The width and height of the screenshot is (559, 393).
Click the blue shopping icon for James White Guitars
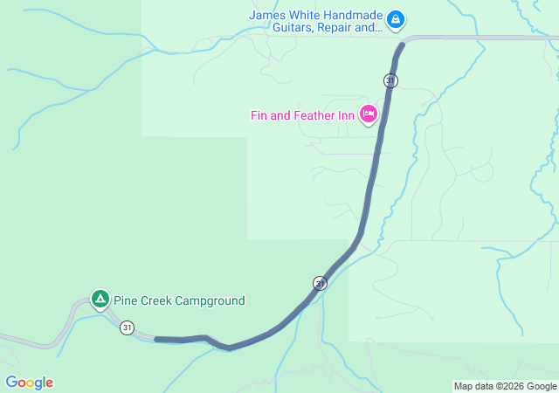click(395, 18)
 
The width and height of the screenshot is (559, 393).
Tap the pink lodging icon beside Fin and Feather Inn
click(368, 114)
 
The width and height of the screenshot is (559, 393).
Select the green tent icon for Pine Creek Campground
click(100, 300)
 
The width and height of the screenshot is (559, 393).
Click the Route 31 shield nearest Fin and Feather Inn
click(390, 80)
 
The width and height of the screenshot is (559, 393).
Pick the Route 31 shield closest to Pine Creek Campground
click(128, 327)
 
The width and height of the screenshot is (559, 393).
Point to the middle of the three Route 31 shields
click(320, 283)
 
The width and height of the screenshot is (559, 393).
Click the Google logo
click(29, 383)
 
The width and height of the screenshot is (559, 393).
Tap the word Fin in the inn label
click(259, 115)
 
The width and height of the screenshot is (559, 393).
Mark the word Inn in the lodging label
click(346, 115)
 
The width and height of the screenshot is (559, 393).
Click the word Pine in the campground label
click(126, 300)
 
